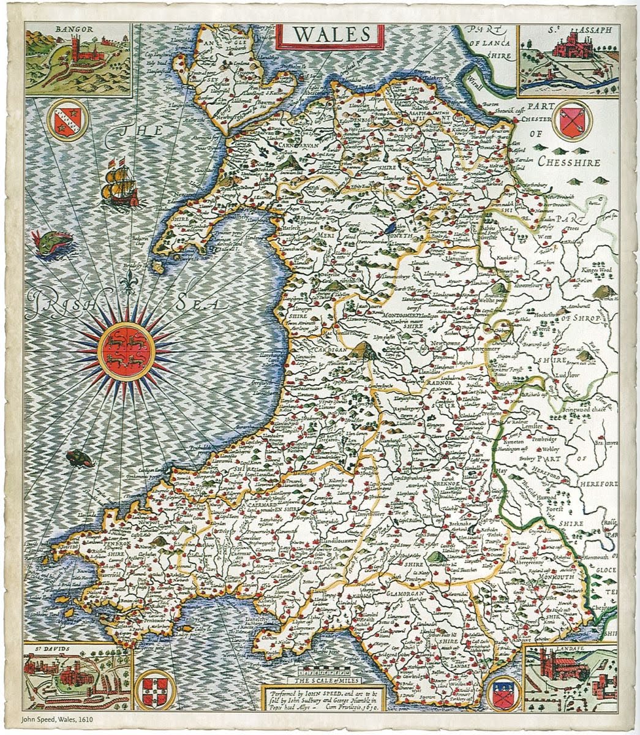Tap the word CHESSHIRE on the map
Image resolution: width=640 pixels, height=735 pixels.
pos(569,162)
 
